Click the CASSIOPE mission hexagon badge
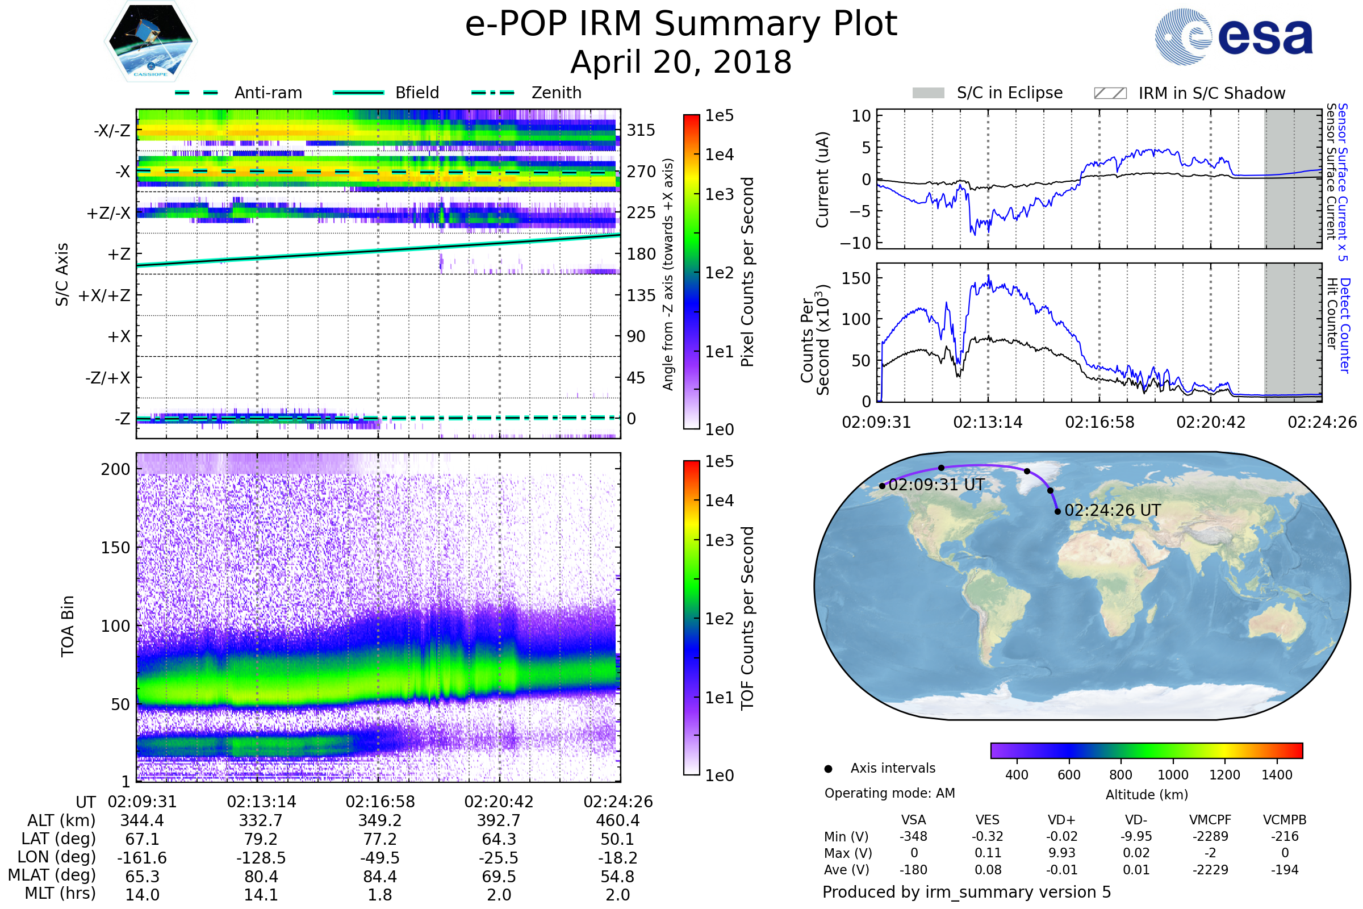click(150, 41)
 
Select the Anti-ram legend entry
click(238, 93)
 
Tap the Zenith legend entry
click(526, 93)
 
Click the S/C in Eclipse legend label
click(1010, 93)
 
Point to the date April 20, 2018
click(681, 62)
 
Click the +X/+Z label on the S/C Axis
click(104, 295)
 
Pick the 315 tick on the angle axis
click(641, 130)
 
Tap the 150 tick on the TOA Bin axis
click(115, 548)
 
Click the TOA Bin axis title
click(68, 626)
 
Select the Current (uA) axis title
click(822, 180)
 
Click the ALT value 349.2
click(379, 820)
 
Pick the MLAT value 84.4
click(379, 877)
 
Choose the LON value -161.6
click(142, 858)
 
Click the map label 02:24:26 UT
click(1113, 510)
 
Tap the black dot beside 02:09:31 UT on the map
click(882, 486)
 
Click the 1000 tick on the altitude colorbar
click(1173, 775)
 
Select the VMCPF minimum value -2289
click(1210, 836)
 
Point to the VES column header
click(988, 820)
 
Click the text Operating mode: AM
click(889, 793)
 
